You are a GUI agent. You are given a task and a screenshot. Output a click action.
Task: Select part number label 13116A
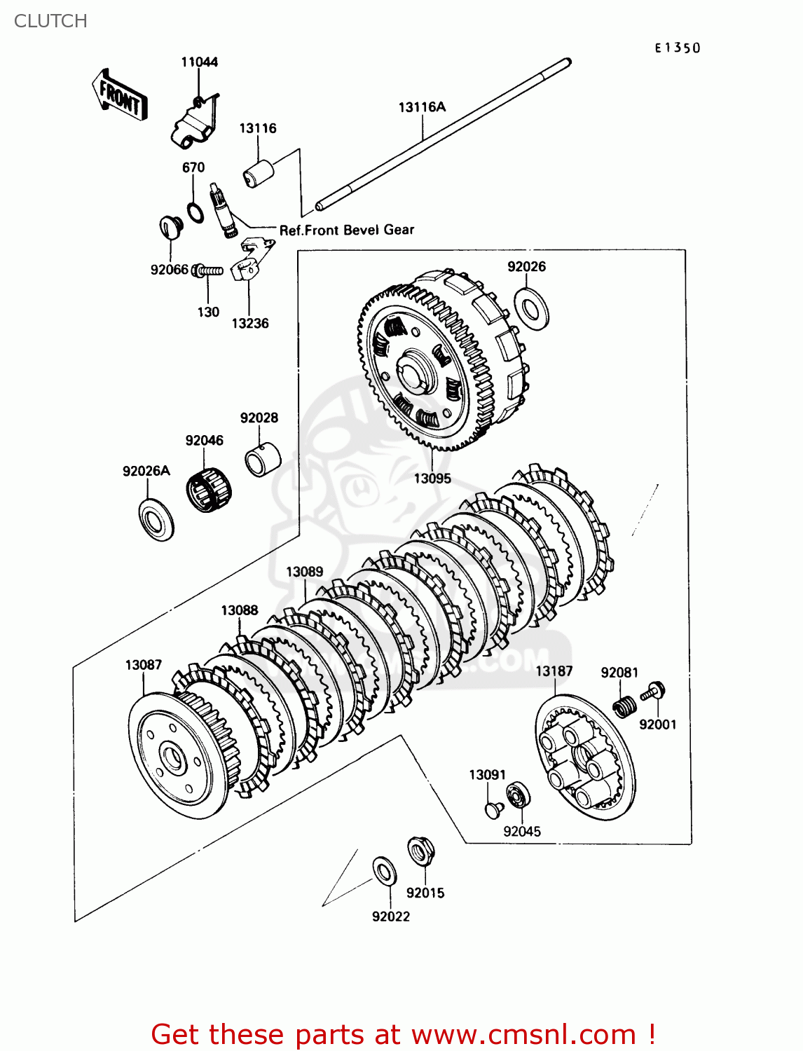pos(422,107)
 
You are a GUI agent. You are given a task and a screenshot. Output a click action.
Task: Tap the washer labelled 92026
pos(532,307)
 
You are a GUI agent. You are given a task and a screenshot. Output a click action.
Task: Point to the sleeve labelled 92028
pos(262,458)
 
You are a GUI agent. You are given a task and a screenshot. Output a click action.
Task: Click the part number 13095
pos(432,479)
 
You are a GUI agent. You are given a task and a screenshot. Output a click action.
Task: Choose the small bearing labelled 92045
pos(519,795)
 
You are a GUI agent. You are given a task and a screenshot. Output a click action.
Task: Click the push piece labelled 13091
pos(494,809)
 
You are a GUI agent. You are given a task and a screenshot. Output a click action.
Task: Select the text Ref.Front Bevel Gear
pos(346,230)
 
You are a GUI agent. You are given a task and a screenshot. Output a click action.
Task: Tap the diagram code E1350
pos(678,48)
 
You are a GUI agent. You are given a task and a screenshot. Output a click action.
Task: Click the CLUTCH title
pos(50,21)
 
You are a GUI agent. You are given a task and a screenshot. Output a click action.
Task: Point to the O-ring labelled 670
pos(195,212)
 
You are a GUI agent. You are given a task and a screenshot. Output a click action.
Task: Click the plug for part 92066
pos(170,227)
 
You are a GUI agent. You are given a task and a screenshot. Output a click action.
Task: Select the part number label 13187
pos(554,671)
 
